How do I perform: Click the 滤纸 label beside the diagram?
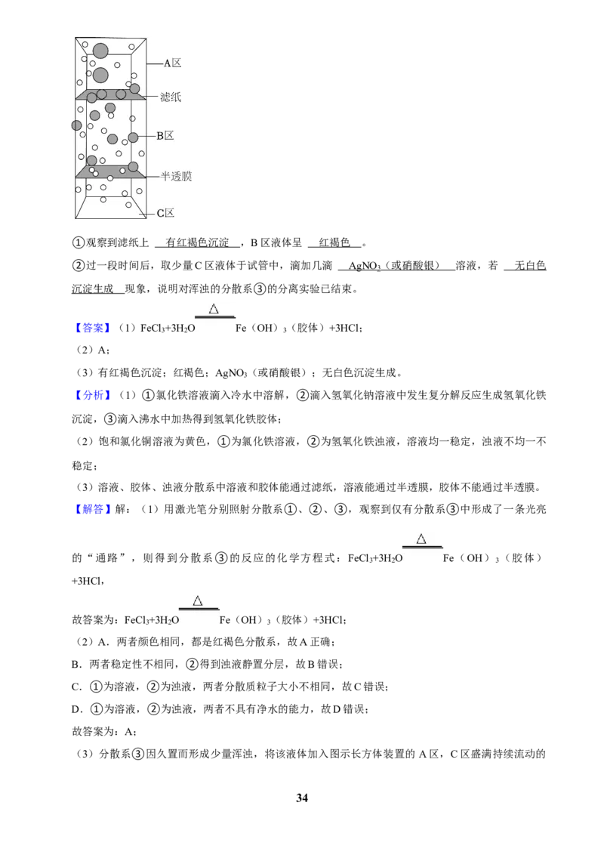point(170,97)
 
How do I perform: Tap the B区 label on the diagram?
point(165,136)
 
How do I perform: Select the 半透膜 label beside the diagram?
point(176,176)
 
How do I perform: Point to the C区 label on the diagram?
point(165,213)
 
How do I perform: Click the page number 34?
point(302,798)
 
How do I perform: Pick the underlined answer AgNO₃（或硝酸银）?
point(394,266)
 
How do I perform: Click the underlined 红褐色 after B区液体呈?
point(334,242)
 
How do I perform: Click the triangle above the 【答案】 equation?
point(214,309)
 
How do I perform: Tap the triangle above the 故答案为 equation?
point(198,600)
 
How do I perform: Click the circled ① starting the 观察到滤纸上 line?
point(79,242)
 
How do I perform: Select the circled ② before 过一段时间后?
point(79,266)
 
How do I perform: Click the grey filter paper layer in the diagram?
point(111,95)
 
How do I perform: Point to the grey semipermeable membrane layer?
point(111,171)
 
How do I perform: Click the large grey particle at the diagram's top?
point(100,51)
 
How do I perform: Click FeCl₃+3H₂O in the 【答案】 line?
point(168,329)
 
